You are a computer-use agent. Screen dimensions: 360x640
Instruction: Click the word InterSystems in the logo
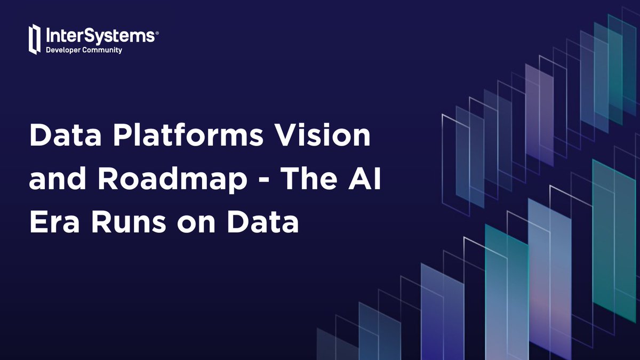coord(99,36)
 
